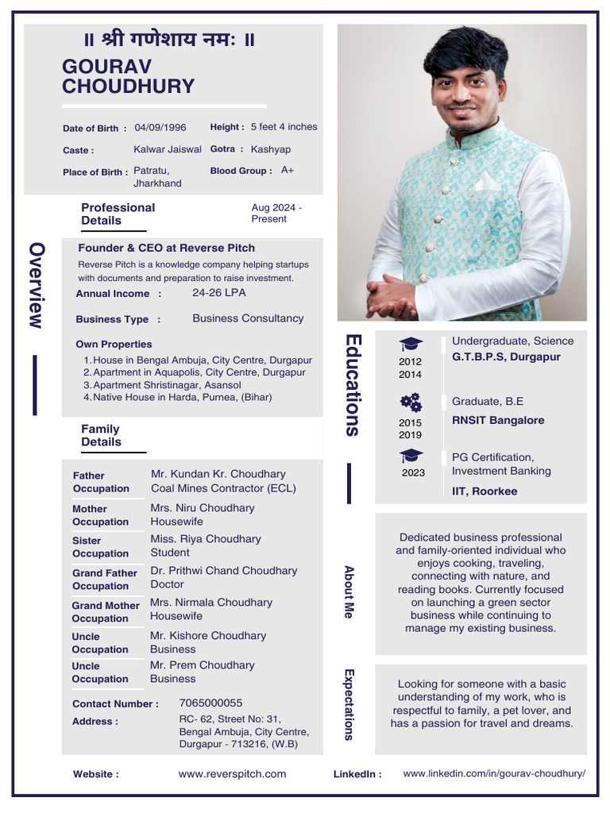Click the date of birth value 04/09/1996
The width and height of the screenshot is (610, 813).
click(x=160, y=127)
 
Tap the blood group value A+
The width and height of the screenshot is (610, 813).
click(x=288, y=170)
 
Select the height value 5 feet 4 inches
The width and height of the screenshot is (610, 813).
click(x=284, y=127)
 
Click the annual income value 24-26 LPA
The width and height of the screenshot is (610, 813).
click(x=219, y=293)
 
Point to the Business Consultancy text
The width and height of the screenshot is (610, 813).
click(x=248, y=318)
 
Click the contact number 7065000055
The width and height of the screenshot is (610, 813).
click(x=211, y=703)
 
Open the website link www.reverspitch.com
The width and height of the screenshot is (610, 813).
click(x=232, y=774)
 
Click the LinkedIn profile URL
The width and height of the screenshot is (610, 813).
click(x=494, y=773)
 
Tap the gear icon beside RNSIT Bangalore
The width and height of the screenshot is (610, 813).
click(x=411, y=402)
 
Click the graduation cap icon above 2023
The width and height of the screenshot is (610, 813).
click(x=411, y=457)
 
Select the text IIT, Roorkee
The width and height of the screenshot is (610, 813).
click(x=485, y=491)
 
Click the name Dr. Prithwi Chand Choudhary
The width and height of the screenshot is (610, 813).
click(x=224, y=571)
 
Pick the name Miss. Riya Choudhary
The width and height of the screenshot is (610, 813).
click(x=206, y=539)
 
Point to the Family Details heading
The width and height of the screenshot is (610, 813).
click(x=101, y=435)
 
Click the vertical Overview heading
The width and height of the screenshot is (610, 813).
click(x=36, y=285)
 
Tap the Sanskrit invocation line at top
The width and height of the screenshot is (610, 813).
click(x=169, y=40)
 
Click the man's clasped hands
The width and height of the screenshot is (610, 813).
click(x=391, y=295)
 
